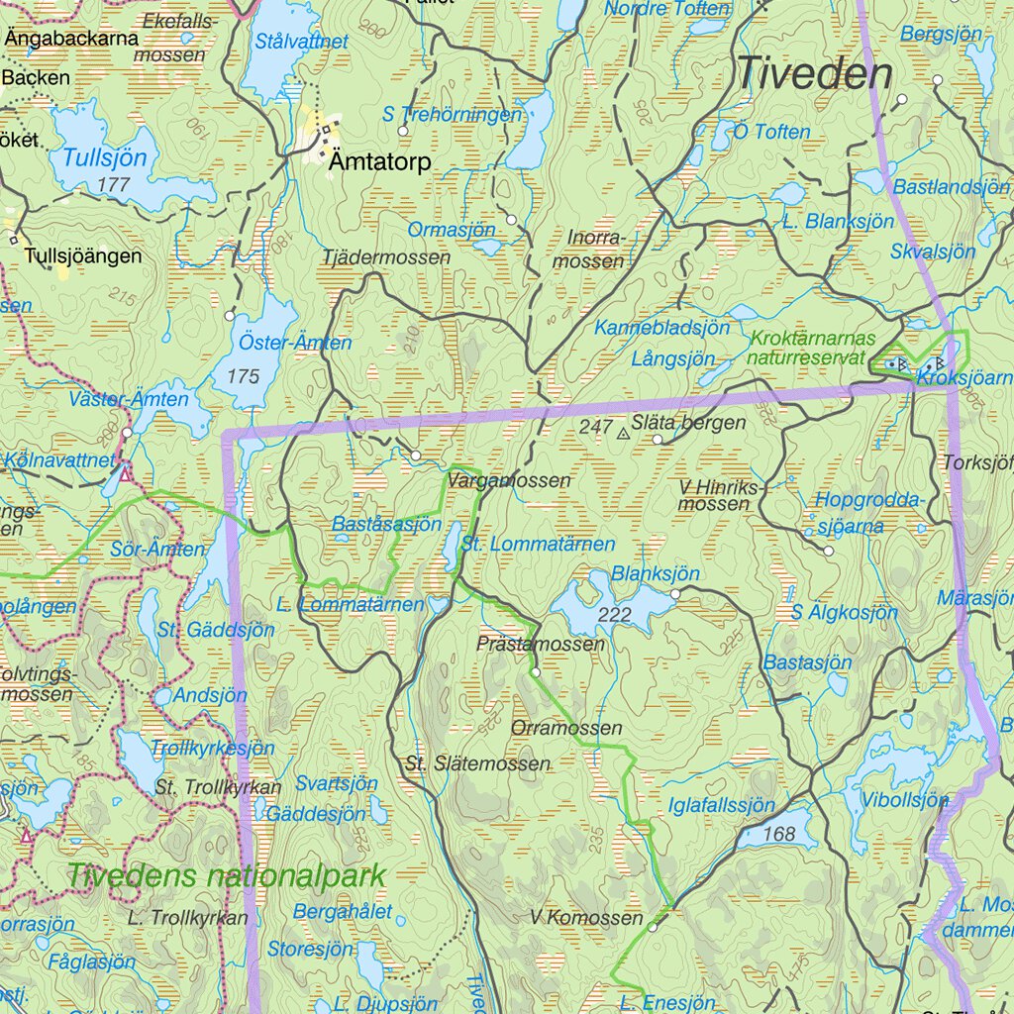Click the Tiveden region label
(x=814, y=74)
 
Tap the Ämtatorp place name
(x=381, y=162)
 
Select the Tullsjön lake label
(x=104, y=157)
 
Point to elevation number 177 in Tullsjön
(x=115, y=184)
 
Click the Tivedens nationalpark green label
(x=226, y=875)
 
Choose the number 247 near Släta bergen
(x=595, y=426)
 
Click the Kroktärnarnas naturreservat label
(x=808, y=348)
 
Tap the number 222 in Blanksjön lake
(x=614, y=615)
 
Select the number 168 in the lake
(x=779, y=834)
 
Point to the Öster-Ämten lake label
(x=295, y=343)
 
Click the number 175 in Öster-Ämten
(x=243, y=376)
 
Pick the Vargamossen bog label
(x=509, y=480)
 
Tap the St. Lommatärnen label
(x=538, y=544)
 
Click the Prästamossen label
(x=540, y=644)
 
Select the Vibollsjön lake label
(x=905, y=800)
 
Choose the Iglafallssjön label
(x=722, y=805)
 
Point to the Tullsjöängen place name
(x=83, y=255)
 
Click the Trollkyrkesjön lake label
(x=212, y=748)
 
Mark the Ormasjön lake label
(x=452, y=230)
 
